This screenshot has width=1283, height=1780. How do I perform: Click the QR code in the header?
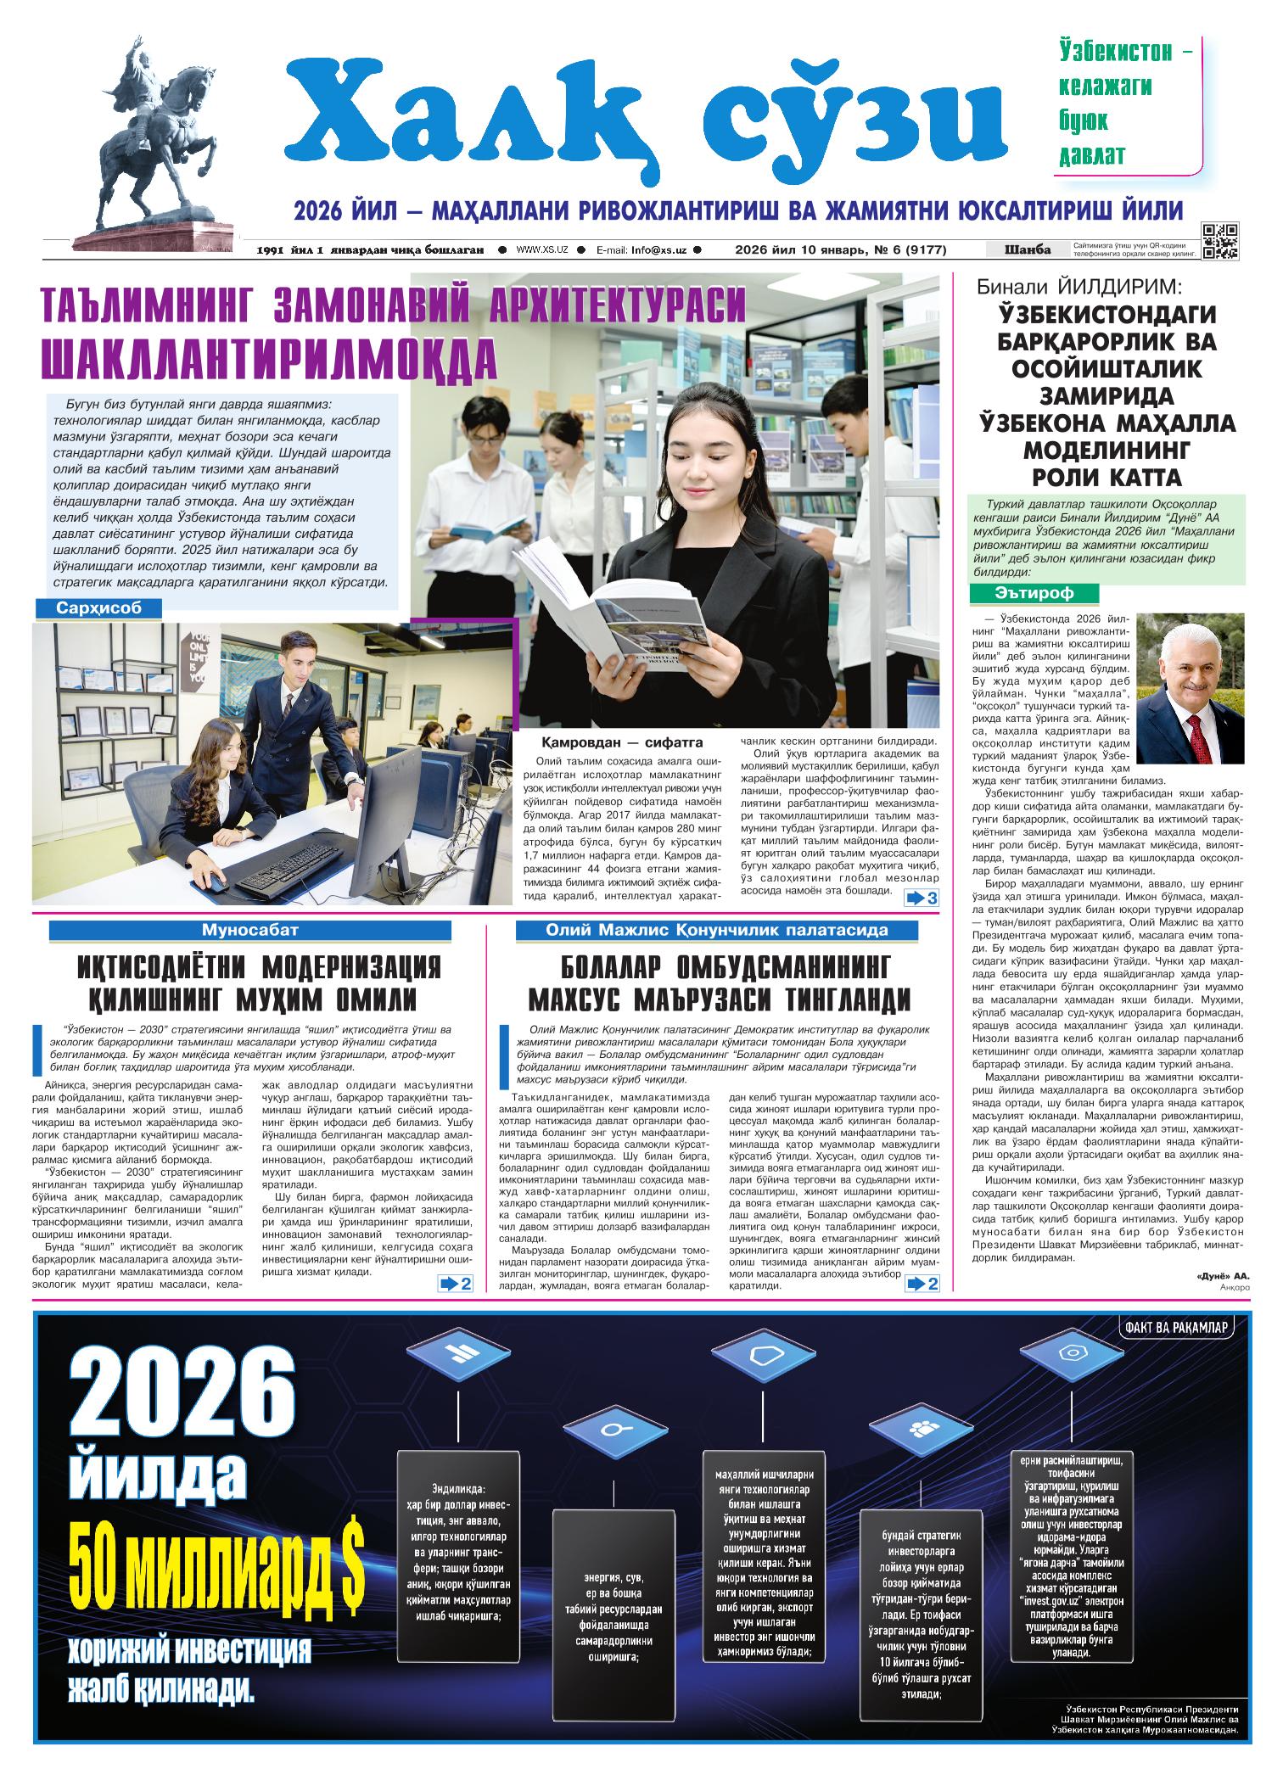tap(1220, 241)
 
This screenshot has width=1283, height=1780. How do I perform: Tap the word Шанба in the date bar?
tap(1027, 249)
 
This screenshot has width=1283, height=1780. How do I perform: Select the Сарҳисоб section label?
tap(98, 608)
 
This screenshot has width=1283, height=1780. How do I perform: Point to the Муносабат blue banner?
tap(261, 930)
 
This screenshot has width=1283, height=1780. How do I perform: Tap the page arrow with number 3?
tap(922, 898)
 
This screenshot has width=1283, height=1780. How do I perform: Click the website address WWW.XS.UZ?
tap(542, 249)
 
